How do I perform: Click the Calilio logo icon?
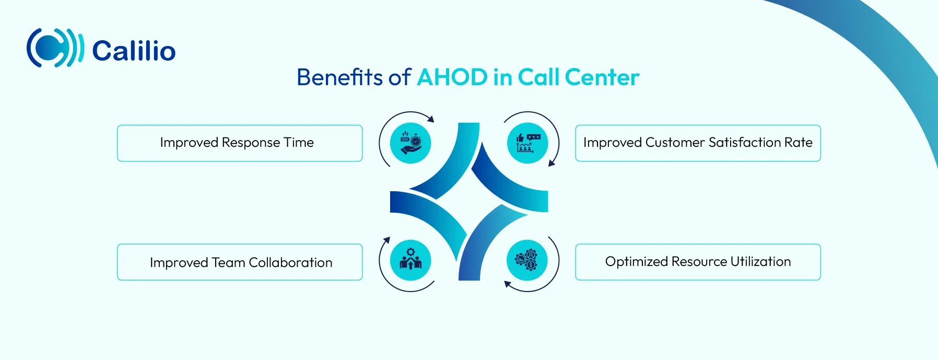55,48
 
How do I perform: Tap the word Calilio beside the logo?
134,51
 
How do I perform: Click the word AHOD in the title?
452,77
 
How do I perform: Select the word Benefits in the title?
339,77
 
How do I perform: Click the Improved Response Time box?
240,143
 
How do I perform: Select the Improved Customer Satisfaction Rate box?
698,143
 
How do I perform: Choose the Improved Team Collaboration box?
240,262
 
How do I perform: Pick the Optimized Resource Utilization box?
698,262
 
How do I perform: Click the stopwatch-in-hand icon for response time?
411,143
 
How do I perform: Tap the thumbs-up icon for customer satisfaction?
527,143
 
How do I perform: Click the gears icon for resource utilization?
527,260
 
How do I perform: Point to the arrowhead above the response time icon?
431,119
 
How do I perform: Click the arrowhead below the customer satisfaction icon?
552,163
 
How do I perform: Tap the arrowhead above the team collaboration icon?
386,240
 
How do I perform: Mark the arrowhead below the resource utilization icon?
507,284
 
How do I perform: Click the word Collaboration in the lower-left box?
290,262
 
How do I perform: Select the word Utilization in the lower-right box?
760,261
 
